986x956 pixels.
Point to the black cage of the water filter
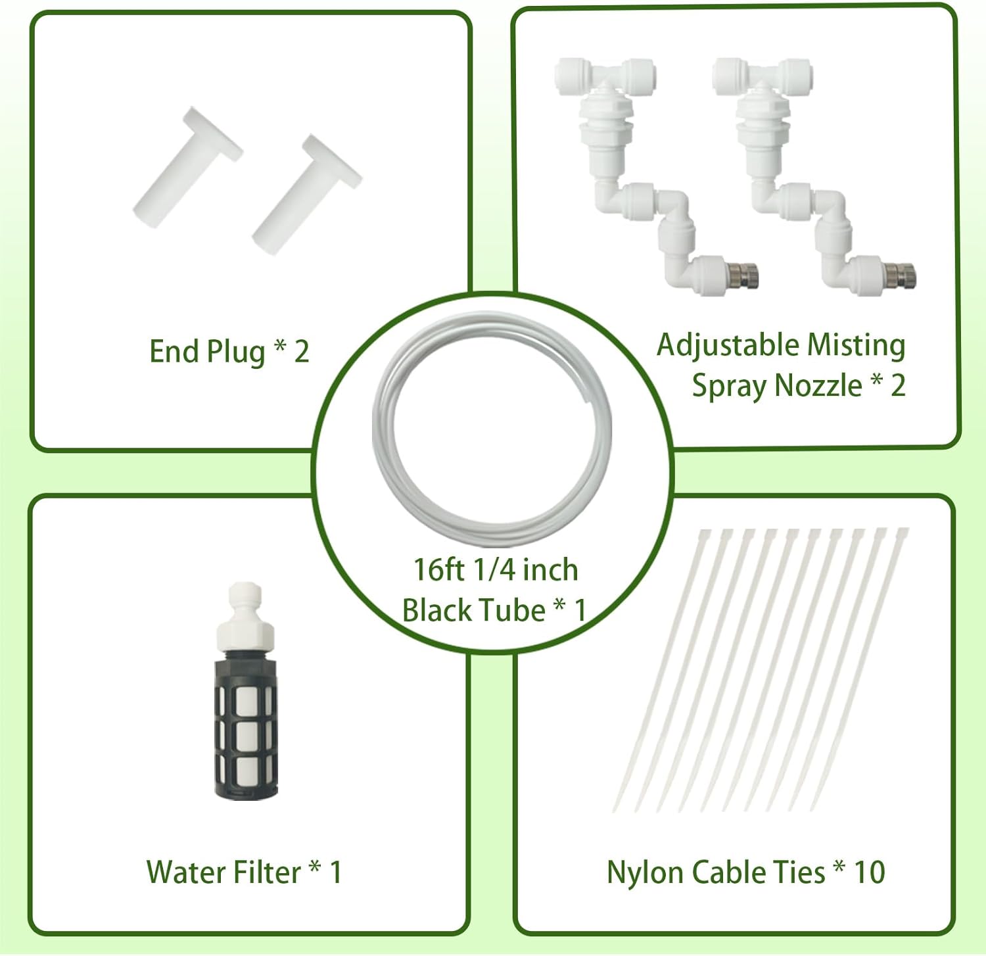point(246,724)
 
